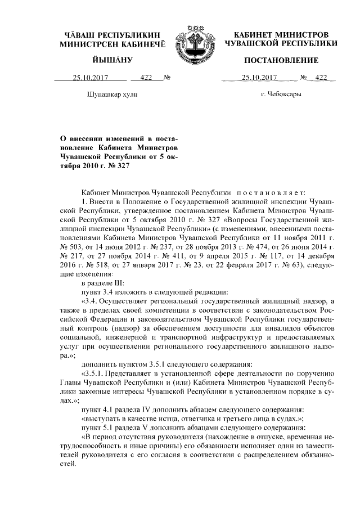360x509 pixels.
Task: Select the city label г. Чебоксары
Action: [x=281, y=94]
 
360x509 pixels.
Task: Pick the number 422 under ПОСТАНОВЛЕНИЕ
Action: [x=321, y=78]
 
